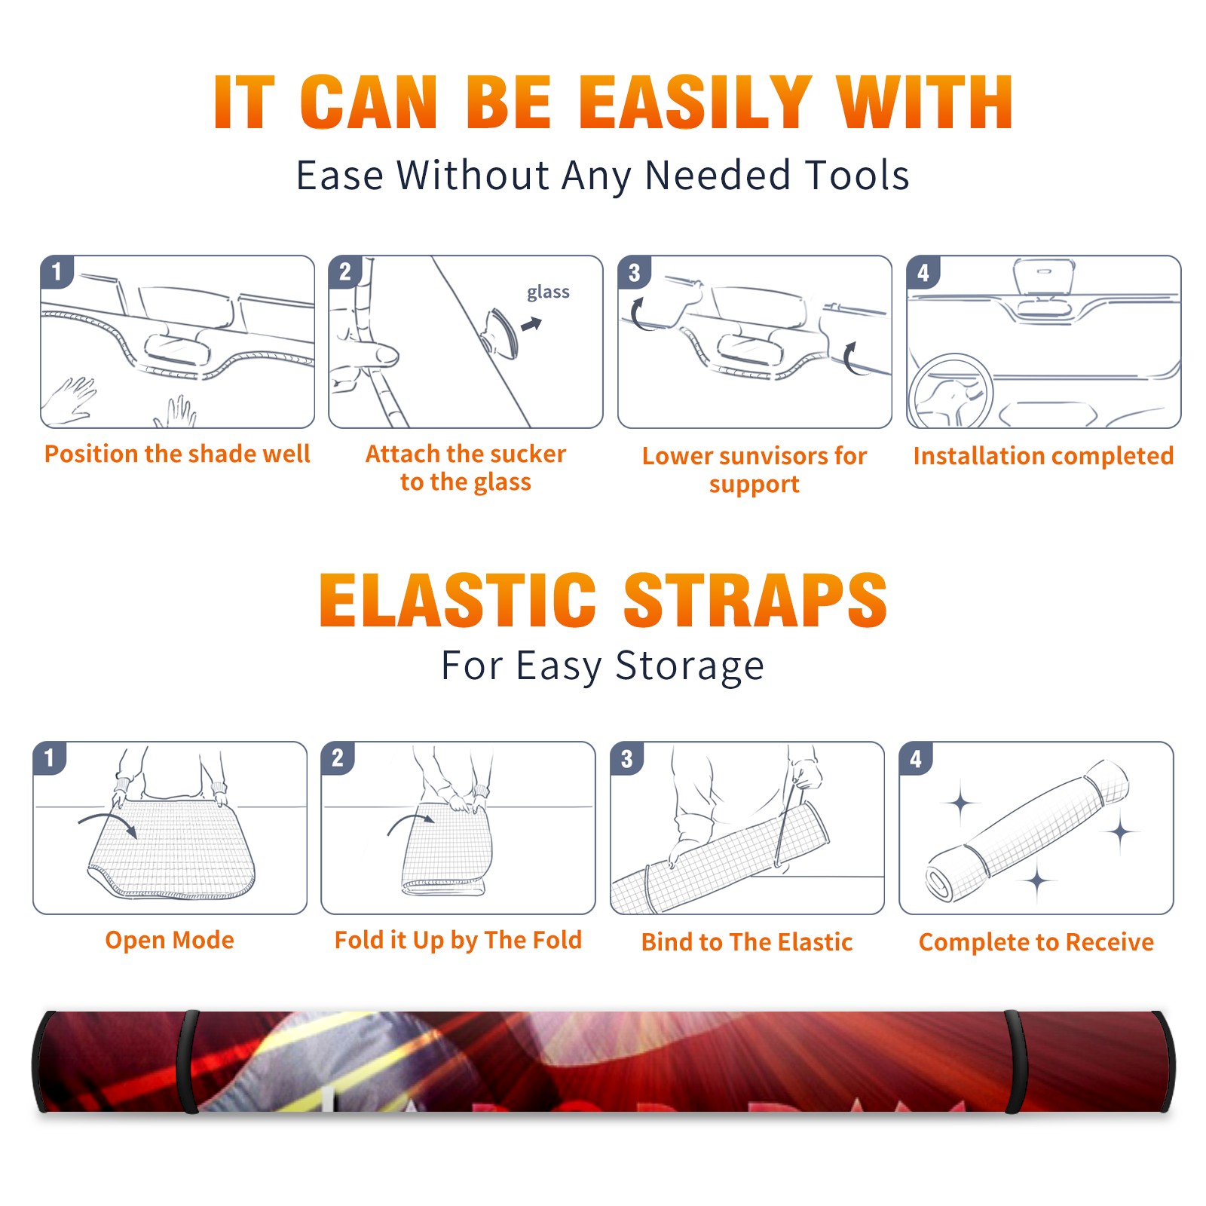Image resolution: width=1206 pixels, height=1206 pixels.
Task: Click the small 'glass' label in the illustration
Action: pos(548,292)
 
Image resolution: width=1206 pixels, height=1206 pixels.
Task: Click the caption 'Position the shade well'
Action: pos(177,454)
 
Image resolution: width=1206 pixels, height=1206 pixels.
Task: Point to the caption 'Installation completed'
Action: pos(1043,455)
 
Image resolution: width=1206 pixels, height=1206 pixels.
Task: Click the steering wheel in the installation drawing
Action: pos(950,392)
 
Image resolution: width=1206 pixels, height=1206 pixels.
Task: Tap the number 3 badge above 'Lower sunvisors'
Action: pos(634,273)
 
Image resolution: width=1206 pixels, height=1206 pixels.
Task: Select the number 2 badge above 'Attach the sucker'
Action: pos(345,272)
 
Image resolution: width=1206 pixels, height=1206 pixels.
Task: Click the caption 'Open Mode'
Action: pos(170,940)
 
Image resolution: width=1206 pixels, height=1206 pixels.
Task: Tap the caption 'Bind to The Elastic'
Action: pos(746,941)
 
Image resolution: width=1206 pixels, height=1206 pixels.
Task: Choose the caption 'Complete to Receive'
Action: pos(1036,942)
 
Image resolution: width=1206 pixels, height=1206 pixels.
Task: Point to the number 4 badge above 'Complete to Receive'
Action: pos(916,758)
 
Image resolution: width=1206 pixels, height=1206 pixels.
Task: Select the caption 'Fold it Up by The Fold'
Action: pos(458,940)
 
